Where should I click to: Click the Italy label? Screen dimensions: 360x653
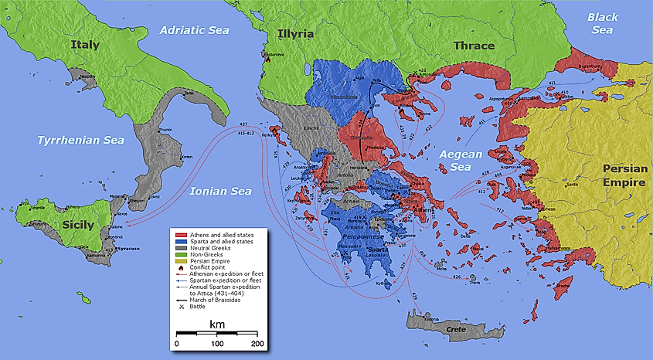pyautogui.click(x=85, y=45)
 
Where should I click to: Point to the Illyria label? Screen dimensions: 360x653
pyautogui.click(x=296, y=34)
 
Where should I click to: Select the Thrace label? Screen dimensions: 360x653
pyautogui.click(x=474, y=46)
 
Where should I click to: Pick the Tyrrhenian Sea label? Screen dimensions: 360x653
pyautogui.click(x=70, y=141)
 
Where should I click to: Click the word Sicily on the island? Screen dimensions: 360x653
pyautogui.click(x=73, y=226)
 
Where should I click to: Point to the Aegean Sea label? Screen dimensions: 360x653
pyautogui.click(x=461, y=161)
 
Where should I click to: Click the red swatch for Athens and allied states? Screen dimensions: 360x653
pyautogui.click(x=182, y=233)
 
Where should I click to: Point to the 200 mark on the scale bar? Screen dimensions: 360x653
pyautogui.click(x=257, y=342)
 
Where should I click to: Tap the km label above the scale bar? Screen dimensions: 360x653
pyautogui.click(x=217, y=325)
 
